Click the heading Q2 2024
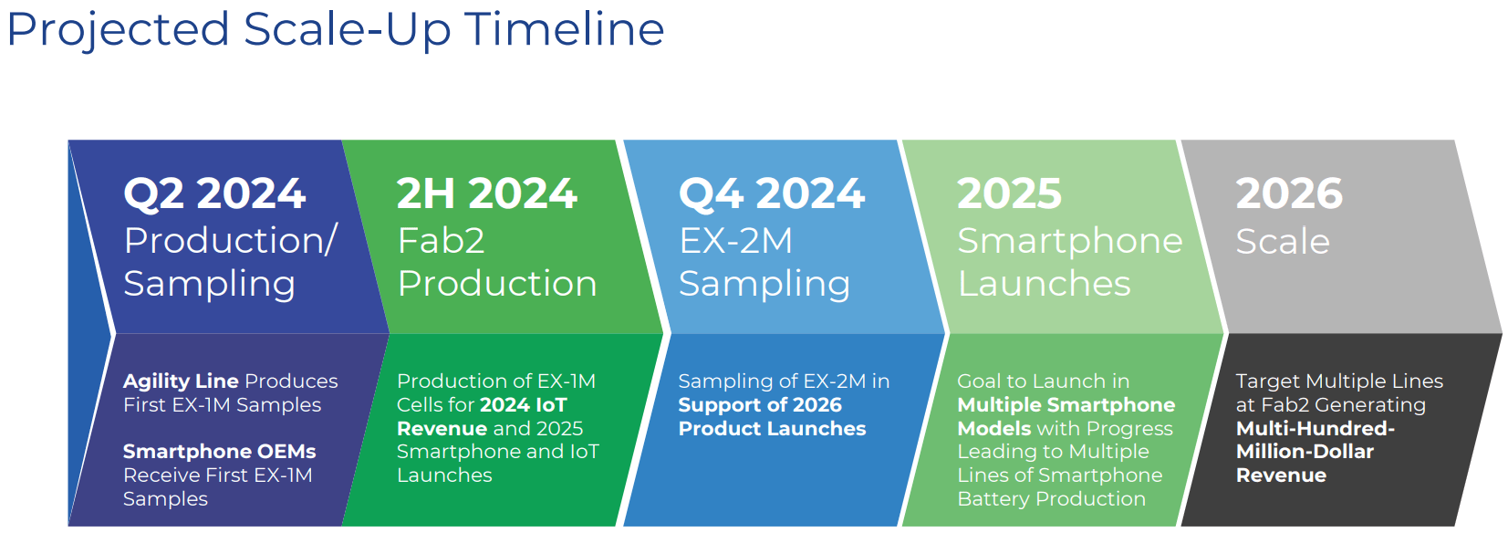[x=214, y=193]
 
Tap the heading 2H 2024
[x=486, y=193]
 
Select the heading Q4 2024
[x=771, y=193]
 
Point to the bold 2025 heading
[x=1009, y=193]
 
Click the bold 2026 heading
[x=1288, y=193]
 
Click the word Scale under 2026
[x=1282, y=242]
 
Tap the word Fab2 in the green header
[x=441, y=241]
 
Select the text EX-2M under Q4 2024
[x=735, y=241]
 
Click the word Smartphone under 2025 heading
[x=1069, y=241]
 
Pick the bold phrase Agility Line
[x=181, y=381]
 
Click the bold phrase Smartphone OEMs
[x=219, y=452]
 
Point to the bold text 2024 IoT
[x=523, y=404]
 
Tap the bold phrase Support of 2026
[x=759, y=404]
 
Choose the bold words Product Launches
[x=772, y=428]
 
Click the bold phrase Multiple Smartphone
[x=1066, y=404]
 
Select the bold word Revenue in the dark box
[x=1280, y=475]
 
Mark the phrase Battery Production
[x=1051, y=499]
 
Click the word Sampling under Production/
[x=209, y=285]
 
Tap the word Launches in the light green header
[x=1044, y=284]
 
